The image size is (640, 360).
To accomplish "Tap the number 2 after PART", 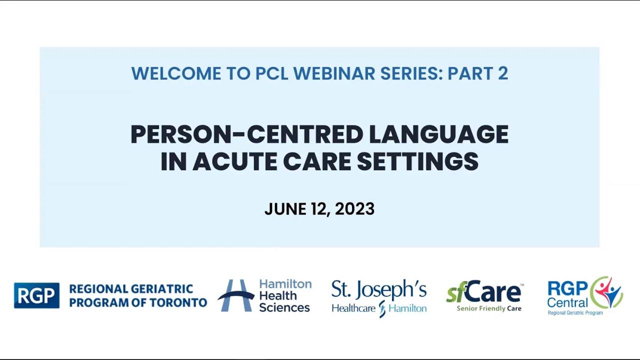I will tap(502, 73).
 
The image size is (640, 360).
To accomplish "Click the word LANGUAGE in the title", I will tap(438, 134).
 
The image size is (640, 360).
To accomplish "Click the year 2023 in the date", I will tap(354, 209).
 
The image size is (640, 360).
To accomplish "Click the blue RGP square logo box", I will tap(36, 295).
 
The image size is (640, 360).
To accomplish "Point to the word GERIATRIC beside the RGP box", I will tap(162, 289).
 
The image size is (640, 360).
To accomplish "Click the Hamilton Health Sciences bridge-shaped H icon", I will tap(235, 295).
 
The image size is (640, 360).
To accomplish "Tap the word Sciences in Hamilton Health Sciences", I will tap(284, 307).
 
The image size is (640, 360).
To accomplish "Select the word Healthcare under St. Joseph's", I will tap(353, 308).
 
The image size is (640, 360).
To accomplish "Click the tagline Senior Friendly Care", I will tap(488, 308).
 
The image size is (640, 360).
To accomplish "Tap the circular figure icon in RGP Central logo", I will tap(606, 292).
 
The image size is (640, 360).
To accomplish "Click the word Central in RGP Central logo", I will tap(567, 302).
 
